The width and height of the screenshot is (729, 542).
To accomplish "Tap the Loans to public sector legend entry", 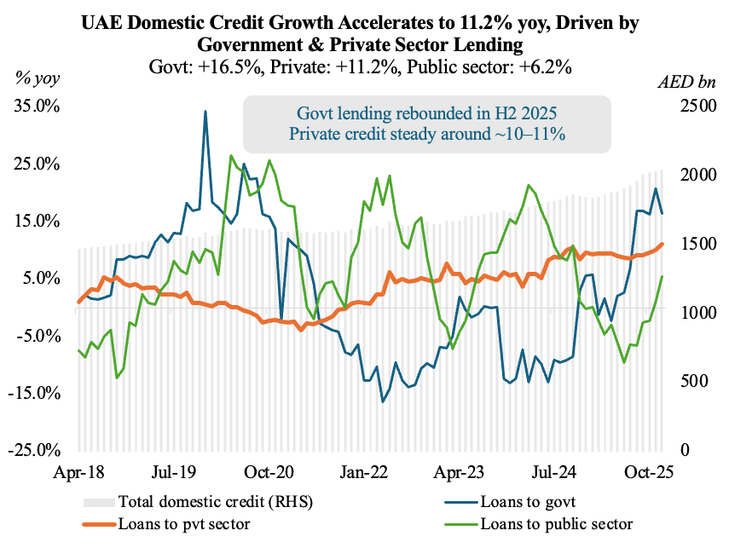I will (x=556, y=522).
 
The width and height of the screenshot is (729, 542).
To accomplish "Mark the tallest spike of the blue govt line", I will (x=205, y=111).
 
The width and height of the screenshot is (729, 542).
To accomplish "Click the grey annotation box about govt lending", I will (x=427, y=124).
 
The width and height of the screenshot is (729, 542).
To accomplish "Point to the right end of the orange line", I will (x=662, y=244).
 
